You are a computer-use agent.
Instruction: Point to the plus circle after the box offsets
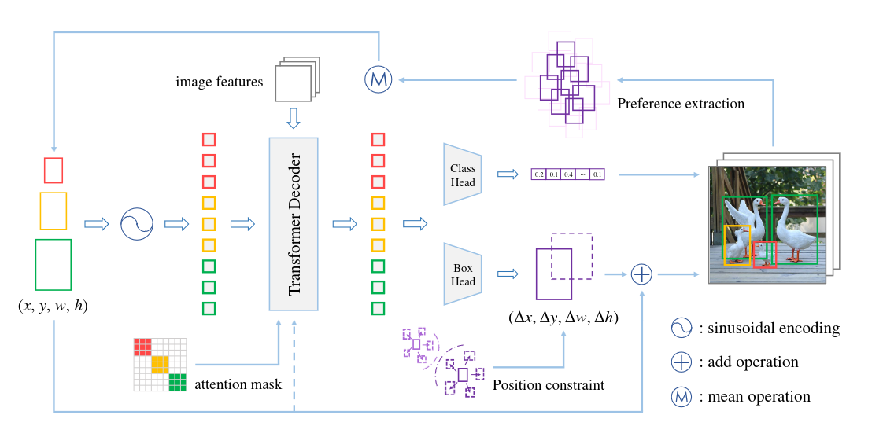point(643,274)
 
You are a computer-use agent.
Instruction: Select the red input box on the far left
point(54,170)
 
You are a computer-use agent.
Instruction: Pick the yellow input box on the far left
point(54,211)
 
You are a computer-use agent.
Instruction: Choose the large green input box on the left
point(54,264)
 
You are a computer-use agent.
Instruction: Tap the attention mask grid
point(160,364)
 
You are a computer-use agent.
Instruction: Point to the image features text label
point(219,82)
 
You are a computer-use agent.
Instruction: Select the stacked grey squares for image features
point(297,79)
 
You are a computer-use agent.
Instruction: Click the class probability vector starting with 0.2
point(568,174)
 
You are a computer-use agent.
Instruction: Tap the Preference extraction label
point(681,104)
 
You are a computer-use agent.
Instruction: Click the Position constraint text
point(548,385)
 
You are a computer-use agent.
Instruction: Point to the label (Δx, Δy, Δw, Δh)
point(563,318)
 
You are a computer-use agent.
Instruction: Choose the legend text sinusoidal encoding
point(769,329)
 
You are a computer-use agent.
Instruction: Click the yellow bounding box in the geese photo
point(737,244)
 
